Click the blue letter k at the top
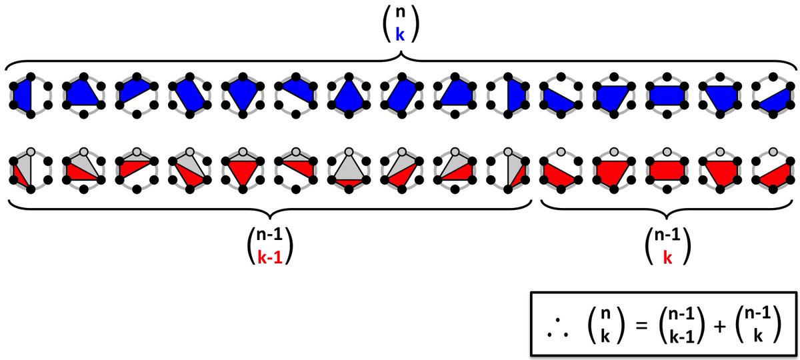(400, 35)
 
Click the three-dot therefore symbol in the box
(556, 329)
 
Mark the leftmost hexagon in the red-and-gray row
(25, 170)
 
